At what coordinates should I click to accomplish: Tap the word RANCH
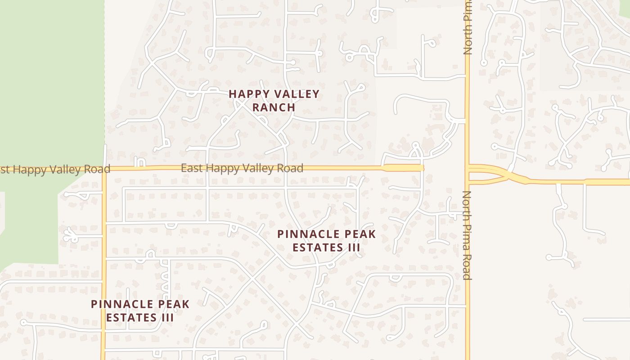pos(274,108)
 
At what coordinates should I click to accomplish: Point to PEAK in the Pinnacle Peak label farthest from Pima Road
pos(172,305)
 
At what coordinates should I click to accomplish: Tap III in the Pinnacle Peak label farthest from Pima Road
pos(167,317)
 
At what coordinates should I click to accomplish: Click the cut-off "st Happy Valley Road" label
pos(55,170)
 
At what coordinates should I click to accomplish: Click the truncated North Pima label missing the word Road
pos(468,28)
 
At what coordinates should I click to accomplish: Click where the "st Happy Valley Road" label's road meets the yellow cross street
pos(104,170)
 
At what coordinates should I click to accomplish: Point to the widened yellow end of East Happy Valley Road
pos(403,168)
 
